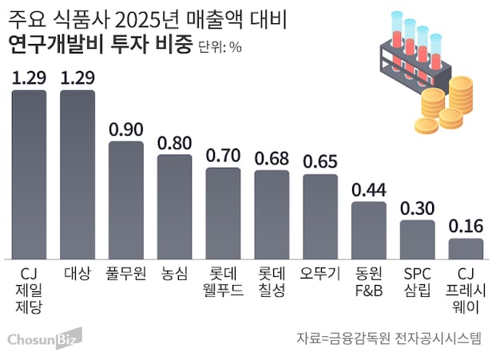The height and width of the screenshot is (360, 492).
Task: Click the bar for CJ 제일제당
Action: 29,173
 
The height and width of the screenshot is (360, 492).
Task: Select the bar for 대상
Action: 77,173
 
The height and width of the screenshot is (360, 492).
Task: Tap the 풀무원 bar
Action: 125,200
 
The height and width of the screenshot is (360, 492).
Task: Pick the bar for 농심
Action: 174,206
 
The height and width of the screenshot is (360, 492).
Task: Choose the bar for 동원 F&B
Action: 369,230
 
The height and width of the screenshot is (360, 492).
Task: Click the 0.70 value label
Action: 223,156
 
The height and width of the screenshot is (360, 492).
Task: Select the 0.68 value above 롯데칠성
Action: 272,158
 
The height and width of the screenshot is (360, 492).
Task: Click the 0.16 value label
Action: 466,226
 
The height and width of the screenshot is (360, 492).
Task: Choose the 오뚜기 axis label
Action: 320,273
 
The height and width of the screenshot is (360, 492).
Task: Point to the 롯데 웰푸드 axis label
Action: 223,280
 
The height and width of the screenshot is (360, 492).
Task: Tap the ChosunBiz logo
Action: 42,340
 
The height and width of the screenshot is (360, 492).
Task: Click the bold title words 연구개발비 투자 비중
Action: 100,45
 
